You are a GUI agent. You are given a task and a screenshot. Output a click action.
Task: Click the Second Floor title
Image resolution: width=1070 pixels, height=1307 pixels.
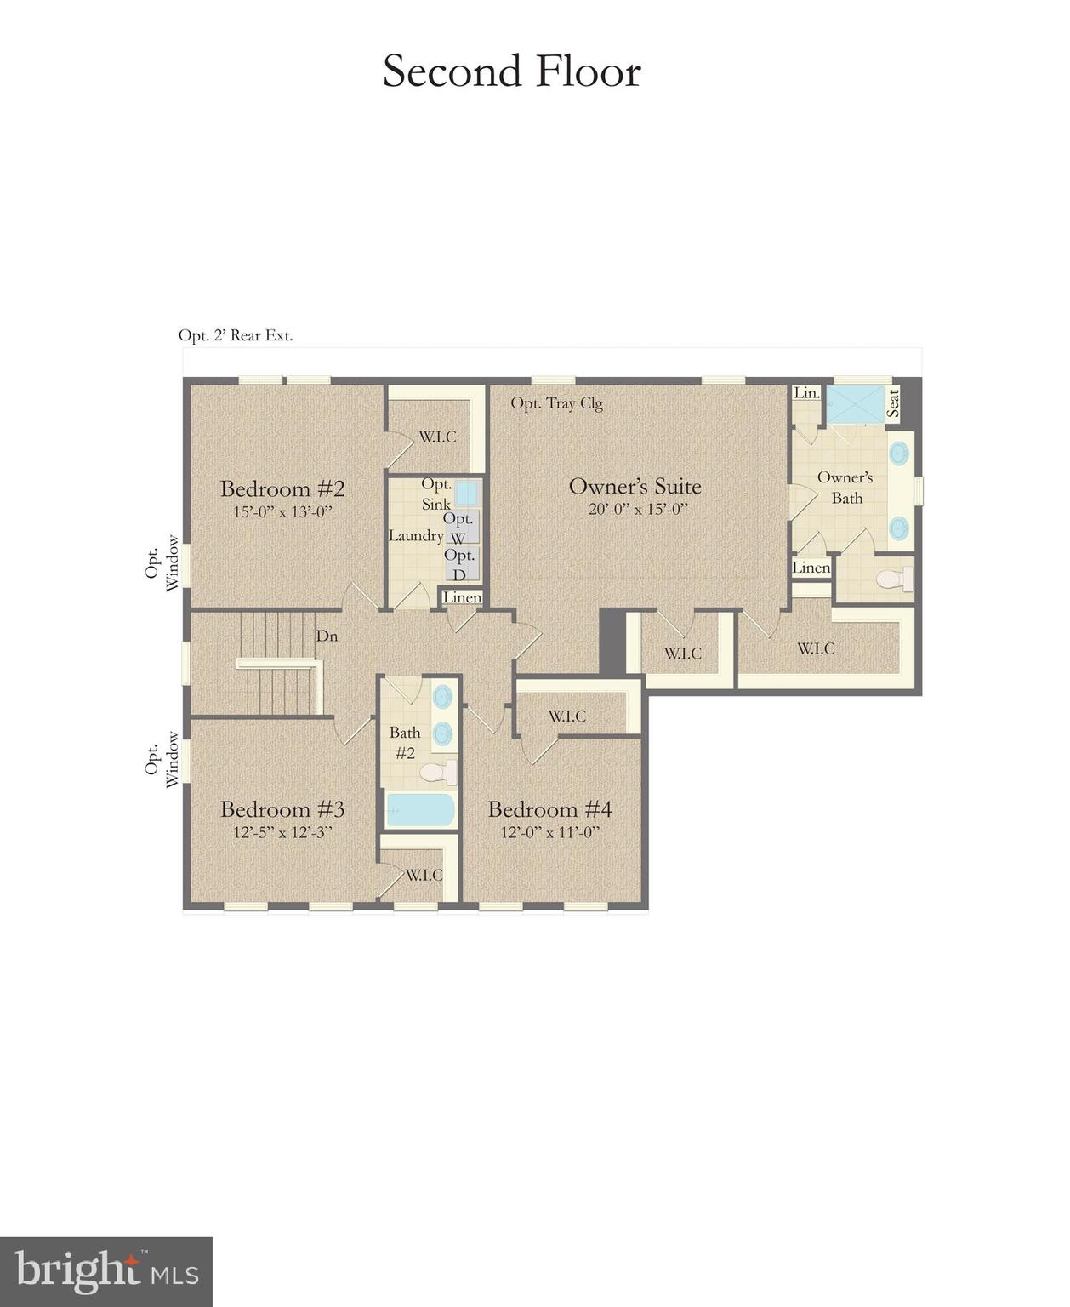click(511, 71)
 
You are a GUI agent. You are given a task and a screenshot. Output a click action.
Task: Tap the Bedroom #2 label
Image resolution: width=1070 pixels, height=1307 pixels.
click(282, 489)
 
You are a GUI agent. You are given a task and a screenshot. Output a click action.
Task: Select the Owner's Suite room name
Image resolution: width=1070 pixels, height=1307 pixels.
click(635, 487)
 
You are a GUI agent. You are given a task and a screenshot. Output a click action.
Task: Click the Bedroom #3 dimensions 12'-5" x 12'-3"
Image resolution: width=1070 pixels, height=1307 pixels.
click(282, 832)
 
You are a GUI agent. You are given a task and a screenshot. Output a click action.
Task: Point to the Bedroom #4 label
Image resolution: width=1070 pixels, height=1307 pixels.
click(549, 809)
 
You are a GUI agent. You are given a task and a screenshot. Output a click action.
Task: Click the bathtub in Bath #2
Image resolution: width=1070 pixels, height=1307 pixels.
click(421, 810)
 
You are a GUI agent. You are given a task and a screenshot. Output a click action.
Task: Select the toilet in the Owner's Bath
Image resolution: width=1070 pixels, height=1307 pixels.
click(894, 579)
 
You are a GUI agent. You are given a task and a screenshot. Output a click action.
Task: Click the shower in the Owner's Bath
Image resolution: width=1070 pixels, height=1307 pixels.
click(856, 404)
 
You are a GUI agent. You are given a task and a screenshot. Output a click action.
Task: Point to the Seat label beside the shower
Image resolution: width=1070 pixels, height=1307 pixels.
click(893, 402)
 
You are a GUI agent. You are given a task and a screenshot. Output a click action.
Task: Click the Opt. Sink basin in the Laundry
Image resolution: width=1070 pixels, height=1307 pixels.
click(465, 494)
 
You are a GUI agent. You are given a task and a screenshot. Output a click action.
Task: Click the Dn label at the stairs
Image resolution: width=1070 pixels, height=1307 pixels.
click(327, 636)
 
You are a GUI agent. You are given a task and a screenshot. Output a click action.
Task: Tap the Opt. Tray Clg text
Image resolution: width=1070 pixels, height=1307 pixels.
click(556, 403)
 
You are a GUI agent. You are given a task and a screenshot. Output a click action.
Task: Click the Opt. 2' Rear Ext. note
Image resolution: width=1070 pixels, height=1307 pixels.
click(236, 335)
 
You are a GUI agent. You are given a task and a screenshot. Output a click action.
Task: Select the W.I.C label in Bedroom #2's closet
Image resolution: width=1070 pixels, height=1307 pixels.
click(437, 437)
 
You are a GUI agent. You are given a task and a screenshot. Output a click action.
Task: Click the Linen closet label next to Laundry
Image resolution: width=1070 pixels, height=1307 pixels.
click(462, 597)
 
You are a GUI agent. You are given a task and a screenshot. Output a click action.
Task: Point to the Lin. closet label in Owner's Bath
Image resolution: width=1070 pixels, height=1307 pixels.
click(806, 393)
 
